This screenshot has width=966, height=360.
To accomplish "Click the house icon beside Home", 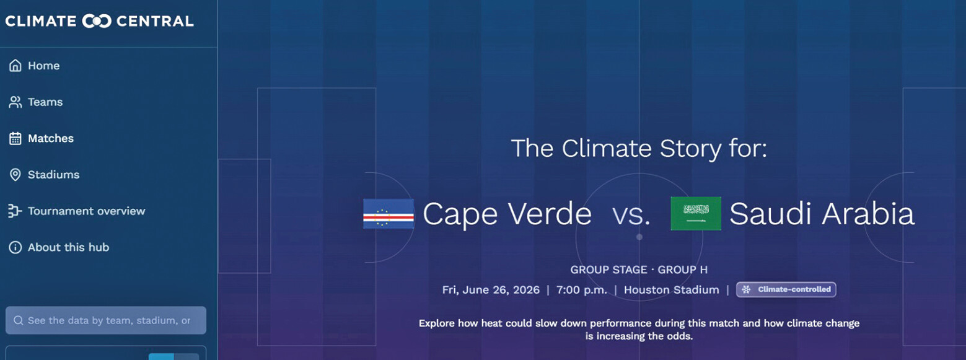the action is (15, 66).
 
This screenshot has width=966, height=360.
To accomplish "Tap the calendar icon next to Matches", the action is (15, 138).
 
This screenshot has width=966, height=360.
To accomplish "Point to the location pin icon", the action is (15, 175).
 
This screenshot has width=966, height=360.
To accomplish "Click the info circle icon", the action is (15, 247).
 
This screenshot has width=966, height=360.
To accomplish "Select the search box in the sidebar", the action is (106, 320).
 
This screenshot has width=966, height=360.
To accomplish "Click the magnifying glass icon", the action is (18, 320).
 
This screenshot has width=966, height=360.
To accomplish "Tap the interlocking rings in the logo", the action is (97, 21).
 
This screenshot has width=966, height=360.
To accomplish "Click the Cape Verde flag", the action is (389, 214).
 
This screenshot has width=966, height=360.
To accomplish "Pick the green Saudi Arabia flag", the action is (696, 213).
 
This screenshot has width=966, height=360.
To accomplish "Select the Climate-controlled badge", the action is (786, 290).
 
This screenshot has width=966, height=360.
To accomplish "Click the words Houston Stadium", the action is (672, 290).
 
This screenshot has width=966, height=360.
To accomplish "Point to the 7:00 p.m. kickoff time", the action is (581, 290).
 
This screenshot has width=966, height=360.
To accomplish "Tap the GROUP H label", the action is (682, 270).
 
